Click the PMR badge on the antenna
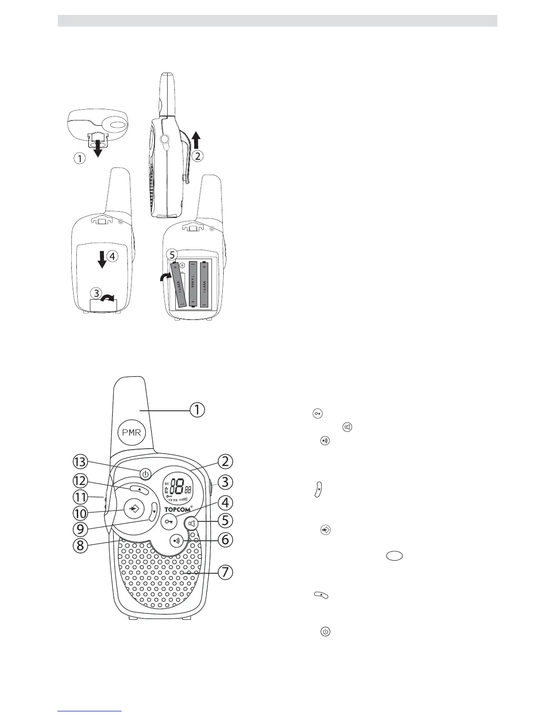click(x=131, y=432)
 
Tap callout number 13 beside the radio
click(x=82, y=462)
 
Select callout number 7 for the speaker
click(x=225, y=572)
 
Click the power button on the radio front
click(x=145, y=474)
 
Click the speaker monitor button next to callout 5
click(x=192, y=524)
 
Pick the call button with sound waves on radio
click(x=176, y=541)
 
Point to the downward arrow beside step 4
click(x=102, y=259)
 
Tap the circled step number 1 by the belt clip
click(x=80, y=158)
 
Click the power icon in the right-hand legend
click(x=325, y=632)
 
